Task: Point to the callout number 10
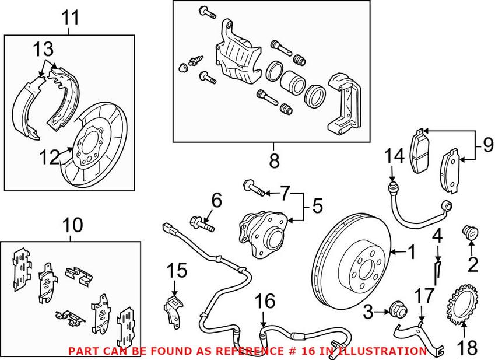[73, 225]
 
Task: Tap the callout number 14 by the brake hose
[394, 157]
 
